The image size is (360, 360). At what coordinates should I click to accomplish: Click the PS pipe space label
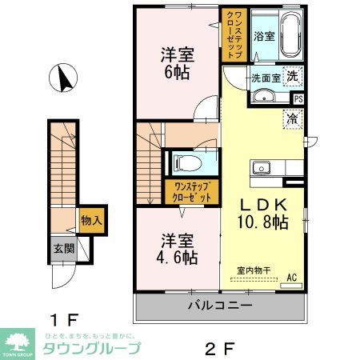(298, 99)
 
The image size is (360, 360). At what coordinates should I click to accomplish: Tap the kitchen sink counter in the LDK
(273, 169)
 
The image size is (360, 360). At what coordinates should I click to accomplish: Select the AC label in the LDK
(292, 277)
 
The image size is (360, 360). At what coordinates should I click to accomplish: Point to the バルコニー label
(220, 306)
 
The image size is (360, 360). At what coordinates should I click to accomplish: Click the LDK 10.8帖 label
(258, 212)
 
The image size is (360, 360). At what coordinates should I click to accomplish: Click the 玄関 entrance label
(64, 249)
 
